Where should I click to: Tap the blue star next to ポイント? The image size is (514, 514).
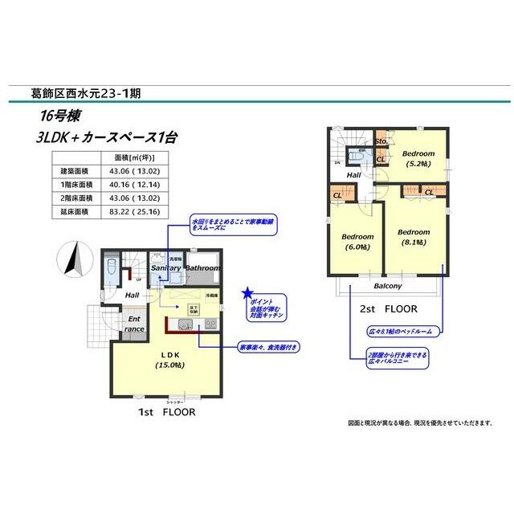pos(248,293)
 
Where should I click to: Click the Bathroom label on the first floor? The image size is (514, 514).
pos(202,267)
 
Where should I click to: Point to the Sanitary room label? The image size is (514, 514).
pos(166,267)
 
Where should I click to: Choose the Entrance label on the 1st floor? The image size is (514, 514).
pos(134,324)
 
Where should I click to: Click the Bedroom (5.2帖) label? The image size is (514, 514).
pos(418,158)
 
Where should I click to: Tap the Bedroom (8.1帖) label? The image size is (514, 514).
pos(414,237)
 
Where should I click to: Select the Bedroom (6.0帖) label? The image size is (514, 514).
pos(357,242)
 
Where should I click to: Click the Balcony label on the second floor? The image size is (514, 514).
pos(387,286)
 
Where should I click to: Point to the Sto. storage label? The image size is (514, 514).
pos(381,141)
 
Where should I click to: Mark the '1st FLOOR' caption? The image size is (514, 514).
pos(167,410)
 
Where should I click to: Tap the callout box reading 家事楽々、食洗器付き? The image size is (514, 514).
pos(267,348)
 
